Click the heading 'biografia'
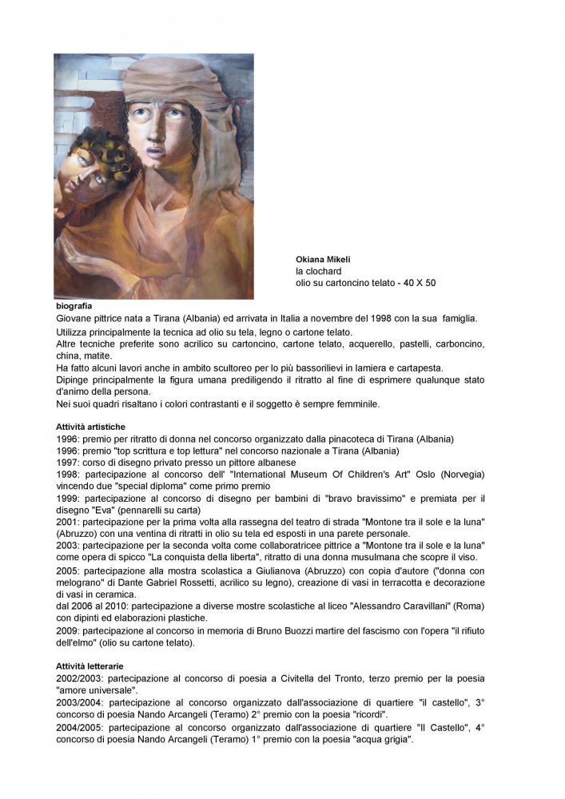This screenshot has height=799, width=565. (74, 306)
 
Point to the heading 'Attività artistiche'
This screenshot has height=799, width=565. (90, 427)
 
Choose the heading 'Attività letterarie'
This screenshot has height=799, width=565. (90, 666)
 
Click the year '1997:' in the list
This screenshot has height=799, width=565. (70, 463)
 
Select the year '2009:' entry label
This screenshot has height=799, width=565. (70, 630)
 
